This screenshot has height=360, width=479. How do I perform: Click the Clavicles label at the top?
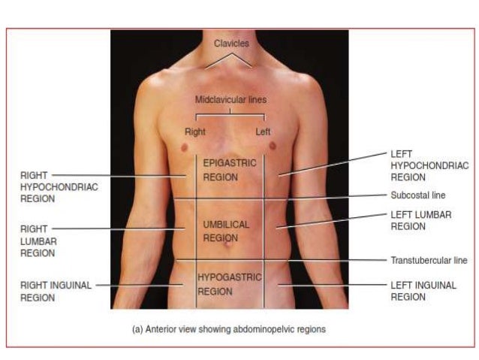point(230,44)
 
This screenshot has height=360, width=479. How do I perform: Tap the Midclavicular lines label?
point(230,99)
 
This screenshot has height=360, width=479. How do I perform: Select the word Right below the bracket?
point(194,132)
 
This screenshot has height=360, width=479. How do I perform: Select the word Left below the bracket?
point(263,132)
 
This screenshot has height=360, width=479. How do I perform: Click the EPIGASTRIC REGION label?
point(229,170)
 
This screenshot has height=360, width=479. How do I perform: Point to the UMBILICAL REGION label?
point(225,231)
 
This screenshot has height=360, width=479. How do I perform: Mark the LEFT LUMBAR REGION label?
point(420,220)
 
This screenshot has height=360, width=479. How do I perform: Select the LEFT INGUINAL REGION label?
point(423,291)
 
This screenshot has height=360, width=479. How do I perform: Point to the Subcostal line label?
point(417,195)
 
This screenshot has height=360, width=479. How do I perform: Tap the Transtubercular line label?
point(428,261)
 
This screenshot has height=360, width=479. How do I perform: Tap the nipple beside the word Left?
point(272,145)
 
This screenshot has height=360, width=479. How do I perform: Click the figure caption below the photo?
point(229,329)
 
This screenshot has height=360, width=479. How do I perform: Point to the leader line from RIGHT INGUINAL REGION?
point(139,285)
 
